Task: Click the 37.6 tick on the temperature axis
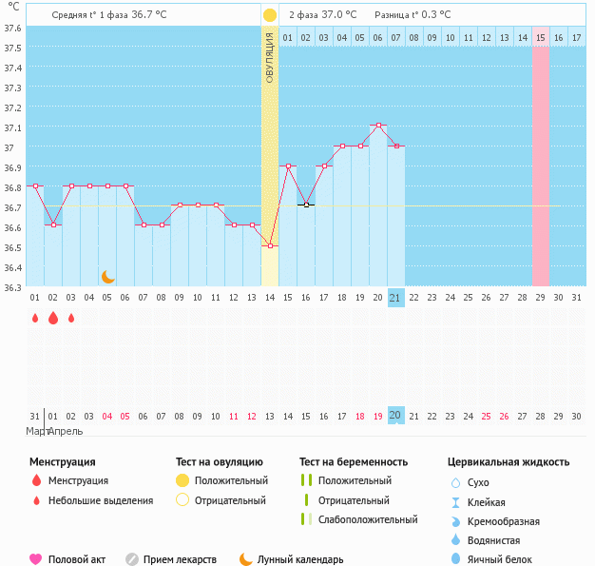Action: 12,28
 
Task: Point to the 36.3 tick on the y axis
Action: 12,287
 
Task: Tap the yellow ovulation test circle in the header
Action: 270,15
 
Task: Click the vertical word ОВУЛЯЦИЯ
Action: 270,57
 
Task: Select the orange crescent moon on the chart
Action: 108,277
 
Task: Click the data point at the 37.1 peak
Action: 378,126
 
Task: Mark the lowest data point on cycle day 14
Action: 270,246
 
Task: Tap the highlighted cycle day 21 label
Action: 396,298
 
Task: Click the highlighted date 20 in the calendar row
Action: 396,416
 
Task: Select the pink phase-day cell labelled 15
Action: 540,37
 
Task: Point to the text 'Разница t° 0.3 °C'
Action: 413,15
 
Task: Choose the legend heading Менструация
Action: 63,462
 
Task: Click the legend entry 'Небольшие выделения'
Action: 101,500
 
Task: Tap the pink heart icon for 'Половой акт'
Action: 36,559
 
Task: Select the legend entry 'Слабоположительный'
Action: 368,519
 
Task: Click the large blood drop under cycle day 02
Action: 53,319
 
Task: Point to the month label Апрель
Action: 65,431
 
